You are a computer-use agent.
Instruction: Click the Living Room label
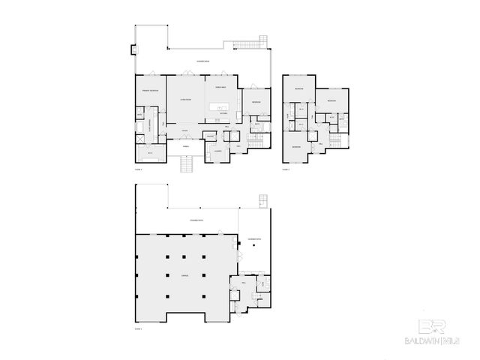click(x=185, y=99)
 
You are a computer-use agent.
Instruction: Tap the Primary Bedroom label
click(x=150, y=91)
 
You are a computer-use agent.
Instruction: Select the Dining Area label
click(x=220, y=88)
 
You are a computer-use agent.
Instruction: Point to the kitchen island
click(x=220, y=106)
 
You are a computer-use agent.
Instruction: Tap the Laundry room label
click(x=217, y=151)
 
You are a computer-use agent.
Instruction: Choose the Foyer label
click(x=184, y=130)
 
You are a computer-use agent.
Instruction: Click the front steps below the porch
click(x=187, y=164)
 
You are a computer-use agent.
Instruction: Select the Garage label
click(x=184, y=274)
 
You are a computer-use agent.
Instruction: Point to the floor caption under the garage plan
click(x=139, y=328)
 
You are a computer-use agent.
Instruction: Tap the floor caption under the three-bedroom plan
click(x=286, y=170)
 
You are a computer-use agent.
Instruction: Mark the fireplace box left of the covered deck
click(x=133, y=50)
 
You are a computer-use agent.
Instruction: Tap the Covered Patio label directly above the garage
click(x=196, y=220)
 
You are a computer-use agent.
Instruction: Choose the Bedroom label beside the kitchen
click(x=256, y=102)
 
